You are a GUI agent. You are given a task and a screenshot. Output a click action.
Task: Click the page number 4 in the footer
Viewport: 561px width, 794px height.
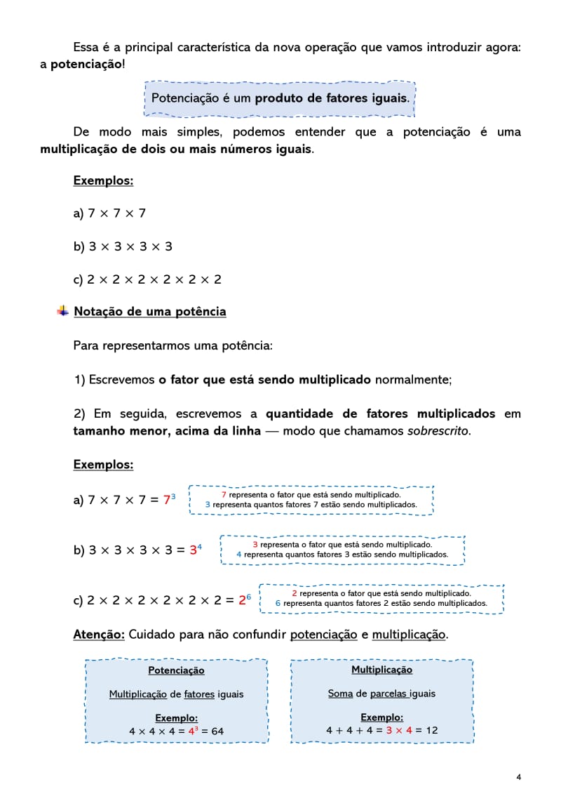(518, 776)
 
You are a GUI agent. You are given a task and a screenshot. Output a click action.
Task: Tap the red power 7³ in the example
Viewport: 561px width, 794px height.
(169, 500)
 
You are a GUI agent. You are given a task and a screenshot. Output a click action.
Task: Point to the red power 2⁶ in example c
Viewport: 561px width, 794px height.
(245, 600)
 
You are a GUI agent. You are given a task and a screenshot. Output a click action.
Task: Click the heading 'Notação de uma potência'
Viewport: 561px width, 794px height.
(150, 311)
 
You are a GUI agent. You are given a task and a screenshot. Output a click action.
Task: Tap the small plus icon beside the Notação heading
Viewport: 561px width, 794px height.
(63, 310)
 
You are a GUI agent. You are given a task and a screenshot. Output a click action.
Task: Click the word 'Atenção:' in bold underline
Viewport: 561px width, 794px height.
(99, 634)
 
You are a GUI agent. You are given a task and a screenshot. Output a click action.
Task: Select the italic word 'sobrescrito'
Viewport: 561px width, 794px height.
(438, 430)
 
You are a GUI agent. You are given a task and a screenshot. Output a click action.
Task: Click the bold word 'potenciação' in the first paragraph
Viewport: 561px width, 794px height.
(86, 65)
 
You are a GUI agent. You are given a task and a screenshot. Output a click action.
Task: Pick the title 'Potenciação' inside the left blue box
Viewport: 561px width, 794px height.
(176, 670)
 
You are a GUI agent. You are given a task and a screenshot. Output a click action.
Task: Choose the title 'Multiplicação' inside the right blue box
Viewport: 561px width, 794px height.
(381, 670)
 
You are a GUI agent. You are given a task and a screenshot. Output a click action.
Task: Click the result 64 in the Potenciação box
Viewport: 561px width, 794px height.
(217, 731)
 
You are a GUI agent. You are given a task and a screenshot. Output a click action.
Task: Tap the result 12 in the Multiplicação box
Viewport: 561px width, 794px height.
(431, 730)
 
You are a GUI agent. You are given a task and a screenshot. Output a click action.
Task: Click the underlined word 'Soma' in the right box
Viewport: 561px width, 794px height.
(340, 694)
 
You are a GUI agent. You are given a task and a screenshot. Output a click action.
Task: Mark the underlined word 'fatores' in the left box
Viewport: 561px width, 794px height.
(199, 694)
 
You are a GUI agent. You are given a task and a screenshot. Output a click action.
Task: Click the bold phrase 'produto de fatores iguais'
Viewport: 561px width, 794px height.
(332, 98)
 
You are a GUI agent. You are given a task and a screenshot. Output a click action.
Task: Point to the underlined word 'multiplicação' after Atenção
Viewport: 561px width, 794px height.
(409, 634)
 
